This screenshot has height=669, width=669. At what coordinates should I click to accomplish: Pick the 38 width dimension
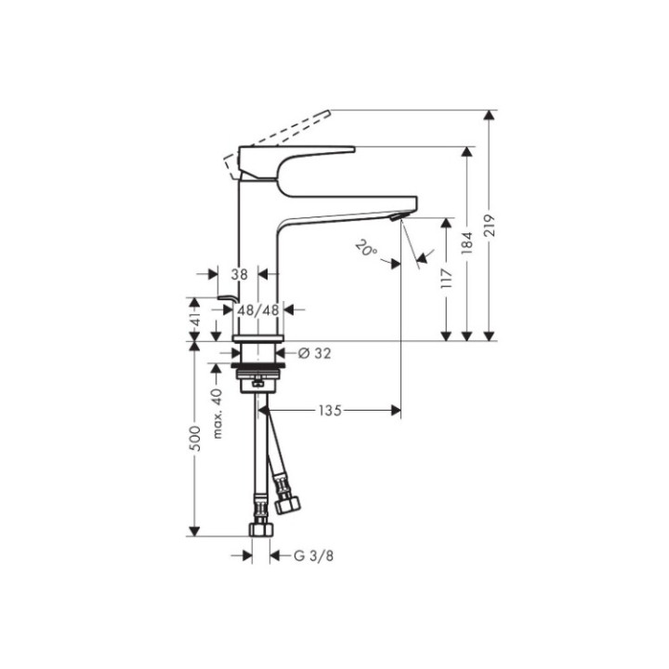(x=240, y=275)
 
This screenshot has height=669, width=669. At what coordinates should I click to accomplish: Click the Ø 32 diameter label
(x=315, y=353)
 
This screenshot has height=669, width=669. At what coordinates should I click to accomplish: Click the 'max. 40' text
(x=218, y=414)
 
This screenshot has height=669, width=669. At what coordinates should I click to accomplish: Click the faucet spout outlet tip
(x=400, y=216)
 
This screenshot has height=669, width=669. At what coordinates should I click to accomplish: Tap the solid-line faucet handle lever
(x=297, y=155)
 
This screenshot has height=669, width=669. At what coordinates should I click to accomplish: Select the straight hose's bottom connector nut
(x=261, y=528)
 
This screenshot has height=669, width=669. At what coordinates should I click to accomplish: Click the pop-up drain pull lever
(x=223, y=297)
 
